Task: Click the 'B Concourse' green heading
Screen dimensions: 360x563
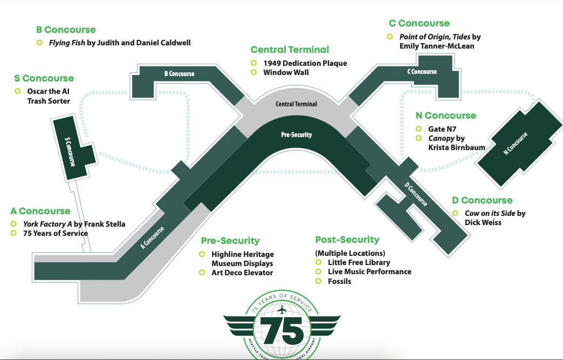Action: pyautogui.click(x=66, y=30)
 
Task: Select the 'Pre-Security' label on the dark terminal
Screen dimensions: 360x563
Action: pyautogui.click(x=297, y=134)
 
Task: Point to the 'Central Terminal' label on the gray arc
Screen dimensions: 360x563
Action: pyautogui.click(x=296, y=104)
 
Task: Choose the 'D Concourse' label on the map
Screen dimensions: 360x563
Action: pyautogui.click(x=416, y=194)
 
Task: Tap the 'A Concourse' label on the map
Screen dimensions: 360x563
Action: pyautogui.click(x=152, y=238)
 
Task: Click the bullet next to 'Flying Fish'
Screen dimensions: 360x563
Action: pyautogui.click(x=39, y=43)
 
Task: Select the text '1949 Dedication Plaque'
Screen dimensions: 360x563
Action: pyautogui.click(x=305, y=63)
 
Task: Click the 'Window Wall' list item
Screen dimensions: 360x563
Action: pyautogui.click(x=286, y=72)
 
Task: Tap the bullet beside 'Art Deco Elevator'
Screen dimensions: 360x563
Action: pyautogui.click(x=202, y=273)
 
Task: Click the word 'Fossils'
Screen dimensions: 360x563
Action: pyautogui.click(x=339, y=281)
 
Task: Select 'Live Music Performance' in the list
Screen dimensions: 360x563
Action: pyautogui.click(x=369, y=271)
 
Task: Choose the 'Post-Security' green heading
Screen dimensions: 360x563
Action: pyautogui.click(x=347, y=240)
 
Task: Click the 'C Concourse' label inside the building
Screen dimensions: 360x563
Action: pyautogui.click(x=422, y=72)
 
